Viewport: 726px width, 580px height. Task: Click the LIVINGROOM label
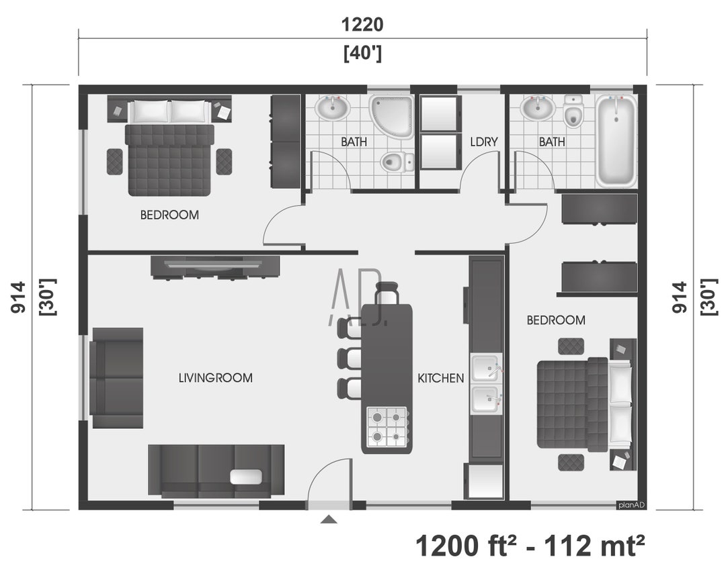215,378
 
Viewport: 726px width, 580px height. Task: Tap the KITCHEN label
440,378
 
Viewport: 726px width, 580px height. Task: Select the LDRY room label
484,142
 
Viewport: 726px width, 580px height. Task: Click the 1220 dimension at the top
362,25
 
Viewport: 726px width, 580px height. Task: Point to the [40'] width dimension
362,53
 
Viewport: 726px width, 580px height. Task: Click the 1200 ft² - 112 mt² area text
530,545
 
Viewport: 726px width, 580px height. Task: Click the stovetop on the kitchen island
387,426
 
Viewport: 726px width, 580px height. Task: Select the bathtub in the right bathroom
616,141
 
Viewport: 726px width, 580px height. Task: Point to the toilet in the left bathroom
397,162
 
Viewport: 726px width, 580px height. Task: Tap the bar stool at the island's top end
387,294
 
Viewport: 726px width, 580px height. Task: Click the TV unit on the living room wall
215,267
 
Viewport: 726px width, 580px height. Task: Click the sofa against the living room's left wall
118,377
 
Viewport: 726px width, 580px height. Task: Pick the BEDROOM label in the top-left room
169,215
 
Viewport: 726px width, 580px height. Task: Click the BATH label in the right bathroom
552,142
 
